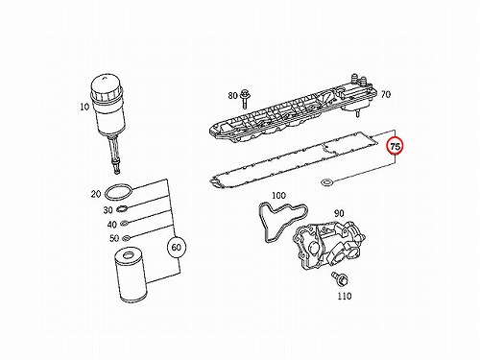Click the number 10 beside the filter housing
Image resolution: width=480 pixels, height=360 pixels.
pos(84,107)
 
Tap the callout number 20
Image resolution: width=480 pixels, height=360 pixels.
pos(96,194)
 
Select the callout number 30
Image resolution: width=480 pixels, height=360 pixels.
pos(108,210)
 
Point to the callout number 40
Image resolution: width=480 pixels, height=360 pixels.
pos(111,225)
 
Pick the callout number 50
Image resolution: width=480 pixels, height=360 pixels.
pos(114,238)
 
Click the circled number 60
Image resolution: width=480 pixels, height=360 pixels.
pos(177,247)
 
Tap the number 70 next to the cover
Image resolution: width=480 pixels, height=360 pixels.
pos(386,94)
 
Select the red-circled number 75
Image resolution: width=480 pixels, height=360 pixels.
pos(396,146)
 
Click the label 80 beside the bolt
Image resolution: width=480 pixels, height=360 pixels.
pos(232,95)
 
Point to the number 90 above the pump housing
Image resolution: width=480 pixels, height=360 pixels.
pos(339,213)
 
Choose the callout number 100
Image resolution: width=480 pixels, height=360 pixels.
pos(278,195)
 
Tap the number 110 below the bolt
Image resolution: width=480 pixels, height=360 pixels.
pos(345,296)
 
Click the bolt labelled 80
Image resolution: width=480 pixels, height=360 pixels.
pos(245,99)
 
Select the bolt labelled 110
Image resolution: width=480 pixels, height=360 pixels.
pos(341,278)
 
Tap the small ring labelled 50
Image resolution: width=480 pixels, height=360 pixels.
pos(126,237)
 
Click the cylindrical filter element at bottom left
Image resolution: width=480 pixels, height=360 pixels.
pos(131,276)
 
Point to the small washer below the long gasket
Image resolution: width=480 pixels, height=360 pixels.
pos(326,183)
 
